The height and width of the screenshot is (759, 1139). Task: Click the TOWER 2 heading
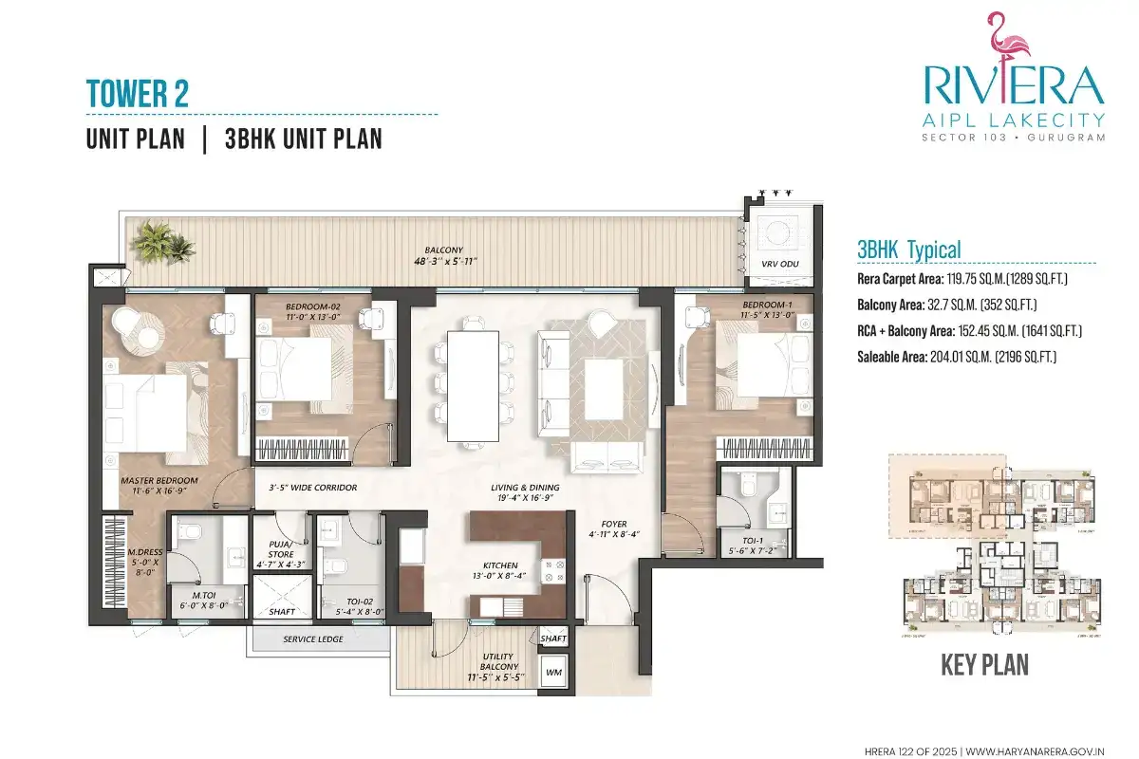[138, 93]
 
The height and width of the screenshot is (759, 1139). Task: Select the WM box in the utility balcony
[552, 673]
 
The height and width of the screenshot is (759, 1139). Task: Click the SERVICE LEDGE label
[312, 639]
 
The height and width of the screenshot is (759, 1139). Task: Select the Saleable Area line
[957, 357]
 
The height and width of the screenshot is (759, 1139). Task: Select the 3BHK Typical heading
[908, 250]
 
